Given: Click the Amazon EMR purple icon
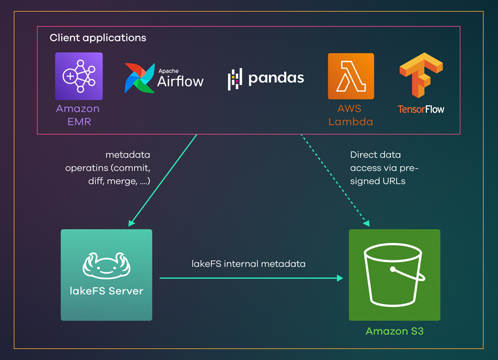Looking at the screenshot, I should (78, 76).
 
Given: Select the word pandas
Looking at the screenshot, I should (276, 78).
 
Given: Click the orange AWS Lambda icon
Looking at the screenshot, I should (350, 76).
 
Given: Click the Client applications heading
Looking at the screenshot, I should (98, 38).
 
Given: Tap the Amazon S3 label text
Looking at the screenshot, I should (394, 331).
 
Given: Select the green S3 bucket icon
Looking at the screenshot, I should (394, 275).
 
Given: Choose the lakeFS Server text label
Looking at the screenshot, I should (106, 291).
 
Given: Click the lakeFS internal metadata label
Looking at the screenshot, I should (248, 264).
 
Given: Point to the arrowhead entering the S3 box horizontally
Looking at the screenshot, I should (340, 278).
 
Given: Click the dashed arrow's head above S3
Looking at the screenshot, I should (367, 223).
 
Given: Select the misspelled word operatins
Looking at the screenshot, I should (87, 168).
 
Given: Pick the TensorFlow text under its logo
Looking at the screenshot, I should (420, 109).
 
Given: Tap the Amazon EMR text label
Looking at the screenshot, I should (78, 115).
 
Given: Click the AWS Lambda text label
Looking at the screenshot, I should (350, 115).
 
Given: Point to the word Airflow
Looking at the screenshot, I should (180, 81).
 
